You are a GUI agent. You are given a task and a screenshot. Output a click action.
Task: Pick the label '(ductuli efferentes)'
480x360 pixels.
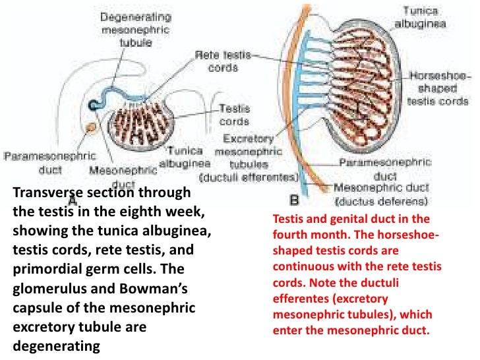[x=250, y=177]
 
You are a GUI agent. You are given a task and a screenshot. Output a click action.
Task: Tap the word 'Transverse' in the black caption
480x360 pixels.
[x=42, y=193]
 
